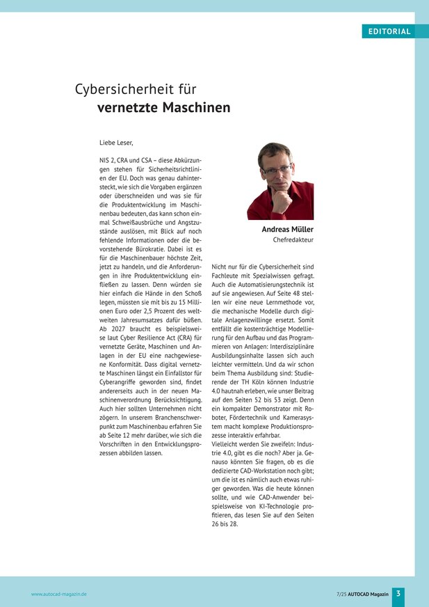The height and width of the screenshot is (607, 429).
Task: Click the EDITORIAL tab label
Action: pyautogui.click(x=389, y=31)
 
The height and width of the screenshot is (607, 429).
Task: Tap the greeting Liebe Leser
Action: pyautogui.click(x=116, y=143)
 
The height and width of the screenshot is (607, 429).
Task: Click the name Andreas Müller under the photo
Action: pyautogui.click(x=287, y=230)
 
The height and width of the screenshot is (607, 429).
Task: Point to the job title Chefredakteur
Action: pyautogui.click(x=293, y=239)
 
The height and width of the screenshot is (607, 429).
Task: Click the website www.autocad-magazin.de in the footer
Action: pyautogui.click(x=59, y=594)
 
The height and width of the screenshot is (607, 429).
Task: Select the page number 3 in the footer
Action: pyautogui.click(x=398, y=593)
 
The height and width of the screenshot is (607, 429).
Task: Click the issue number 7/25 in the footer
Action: pyautogui.click(x=340, y=594)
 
